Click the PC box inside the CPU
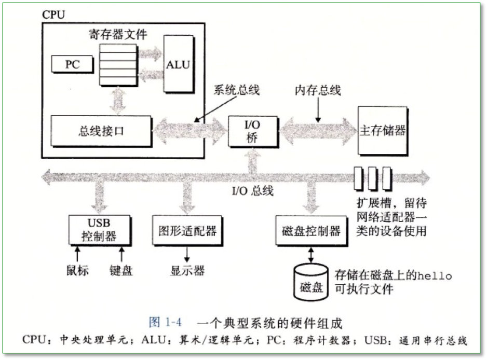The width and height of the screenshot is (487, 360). (72, 64)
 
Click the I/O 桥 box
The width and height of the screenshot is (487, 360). (253, 130)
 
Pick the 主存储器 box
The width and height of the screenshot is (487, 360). (383, 130)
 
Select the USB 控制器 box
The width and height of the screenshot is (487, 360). (100, 230)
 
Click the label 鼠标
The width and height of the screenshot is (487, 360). (77, 271)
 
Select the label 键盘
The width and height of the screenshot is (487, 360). (121, 271)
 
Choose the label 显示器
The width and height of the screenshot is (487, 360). (187, 271)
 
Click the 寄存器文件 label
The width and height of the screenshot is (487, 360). (118, 35)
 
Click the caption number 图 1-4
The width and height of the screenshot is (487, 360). (165, 323)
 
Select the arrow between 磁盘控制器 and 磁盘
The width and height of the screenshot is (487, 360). (310, 254)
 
